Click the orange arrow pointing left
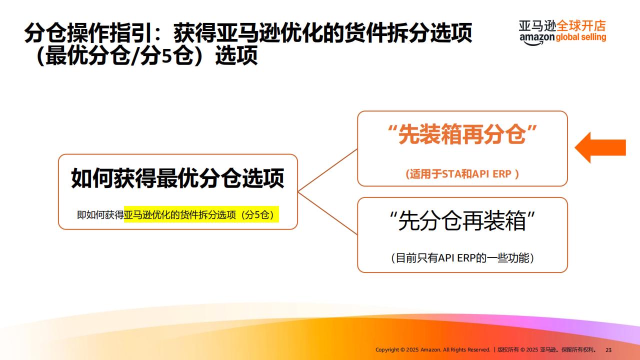(x=600, y=147)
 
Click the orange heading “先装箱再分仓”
(x=462, y=134)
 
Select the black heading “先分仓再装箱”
(x=462, y=220)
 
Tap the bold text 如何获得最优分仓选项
(x=177, y=178)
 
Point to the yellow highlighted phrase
(x=201, y=214)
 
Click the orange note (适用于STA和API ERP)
(x=462, y=173)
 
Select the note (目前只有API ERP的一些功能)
(x=462, y=257)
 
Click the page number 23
(x=608, y=350)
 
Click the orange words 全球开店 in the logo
(x=581, y=26)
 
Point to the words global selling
(x=581, y=37)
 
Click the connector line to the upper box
(x=327, y=170)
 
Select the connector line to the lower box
(x=327, y=213)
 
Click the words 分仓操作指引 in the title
(x=88, y=33)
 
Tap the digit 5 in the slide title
(x=165, y=55)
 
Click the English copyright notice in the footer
(x=432, y=349)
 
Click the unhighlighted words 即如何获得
(x=100, y=214)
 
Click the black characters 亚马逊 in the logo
(x=537, y=26)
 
